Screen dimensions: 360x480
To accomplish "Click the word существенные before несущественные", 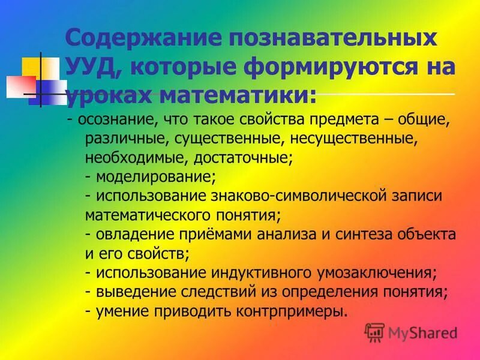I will coord(230,140).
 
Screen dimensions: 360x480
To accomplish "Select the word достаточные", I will coord(243,159).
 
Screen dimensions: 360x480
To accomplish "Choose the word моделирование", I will coord(155,178).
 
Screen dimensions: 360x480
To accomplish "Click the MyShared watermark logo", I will coord(410,332).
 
